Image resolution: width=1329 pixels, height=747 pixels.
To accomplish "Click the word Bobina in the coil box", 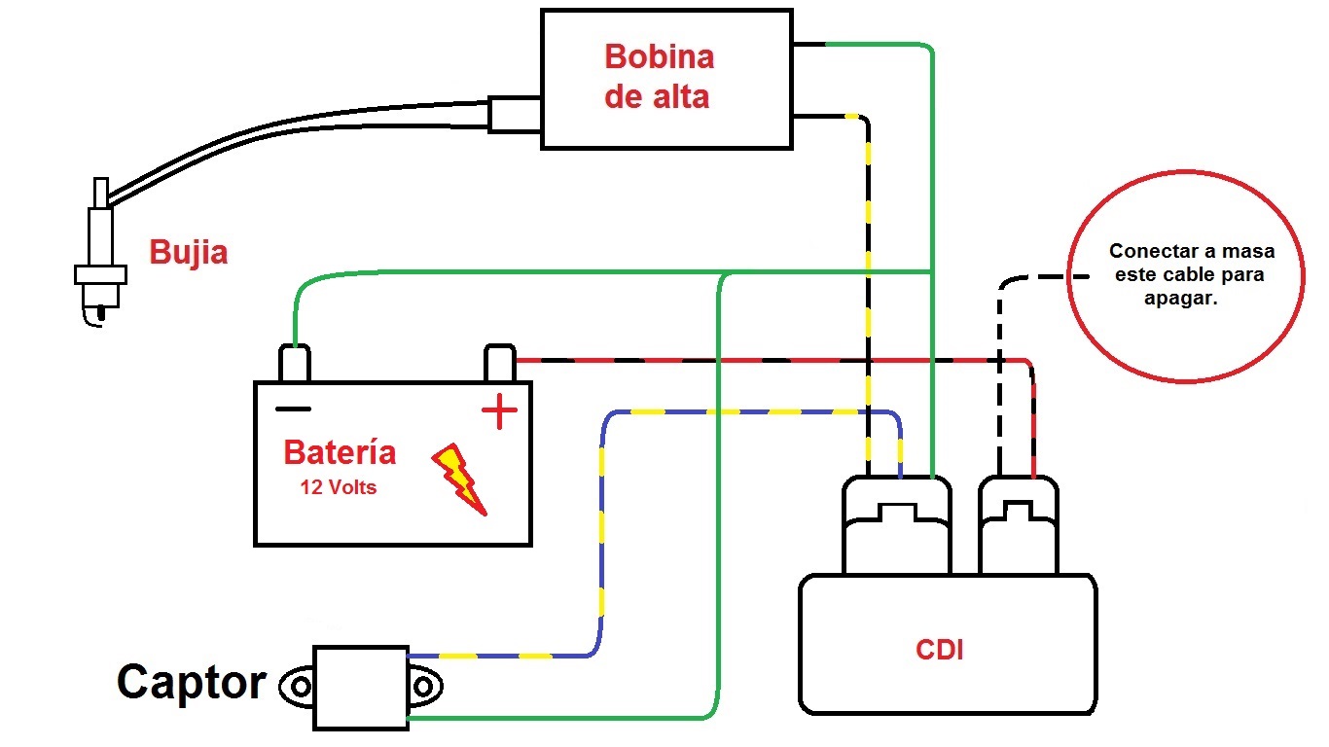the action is point(660,57).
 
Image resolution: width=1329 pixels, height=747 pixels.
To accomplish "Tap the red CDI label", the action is point(939,650).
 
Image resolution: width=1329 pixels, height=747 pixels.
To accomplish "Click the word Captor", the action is point(192,683).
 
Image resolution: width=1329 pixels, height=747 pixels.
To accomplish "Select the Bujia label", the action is point(188,253).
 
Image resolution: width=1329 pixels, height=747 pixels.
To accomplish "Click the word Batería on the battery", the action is point(340,452).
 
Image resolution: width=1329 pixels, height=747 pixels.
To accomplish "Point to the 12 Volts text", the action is point(339,487).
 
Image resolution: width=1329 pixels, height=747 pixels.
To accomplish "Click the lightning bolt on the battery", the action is point(459,479).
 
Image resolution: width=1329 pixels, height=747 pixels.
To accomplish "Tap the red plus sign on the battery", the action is point(499,410).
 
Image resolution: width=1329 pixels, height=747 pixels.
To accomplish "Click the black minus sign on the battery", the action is point(293,409).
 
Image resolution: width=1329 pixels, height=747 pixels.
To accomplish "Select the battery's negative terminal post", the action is point(294,363).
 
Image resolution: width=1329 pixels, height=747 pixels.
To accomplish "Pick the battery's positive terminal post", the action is point(499,363).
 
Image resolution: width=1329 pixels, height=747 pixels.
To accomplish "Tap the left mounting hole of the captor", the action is point(301,687).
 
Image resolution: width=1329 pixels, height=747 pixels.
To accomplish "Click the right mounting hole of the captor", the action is point(423,687).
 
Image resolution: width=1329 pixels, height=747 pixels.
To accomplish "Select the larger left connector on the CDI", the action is point(896,525).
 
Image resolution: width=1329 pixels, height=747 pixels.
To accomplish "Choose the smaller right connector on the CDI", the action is point(1018,525).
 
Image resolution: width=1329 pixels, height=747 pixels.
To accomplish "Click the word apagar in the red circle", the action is point(1181,298).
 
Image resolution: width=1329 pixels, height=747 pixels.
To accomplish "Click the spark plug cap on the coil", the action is point(515,114).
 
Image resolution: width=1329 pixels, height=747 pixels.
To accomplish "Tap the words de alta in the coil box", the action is point(657,96).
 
